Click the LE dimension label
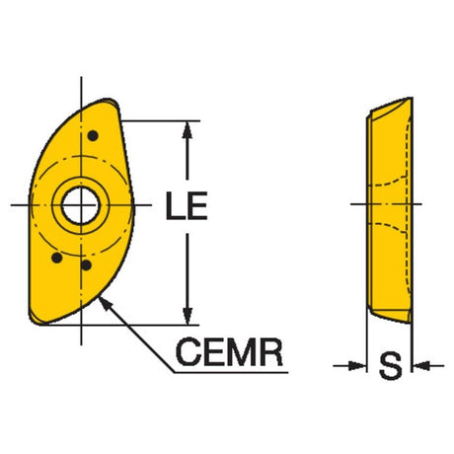coord(187,205)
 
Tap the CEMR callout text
coord(229,352)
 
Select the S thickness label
coord(390,365)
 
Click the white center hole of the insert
coord(80,206)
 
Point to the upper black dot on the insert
coord(93,135)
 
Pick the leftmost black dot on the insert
coord(57,258)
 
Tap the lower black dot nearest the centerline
coord(86,265)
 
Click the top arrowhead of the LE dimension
coord(187,129)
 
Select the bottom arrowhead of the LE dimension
coord(188,316)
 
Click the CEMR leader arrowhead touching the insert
coord(105,304)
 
